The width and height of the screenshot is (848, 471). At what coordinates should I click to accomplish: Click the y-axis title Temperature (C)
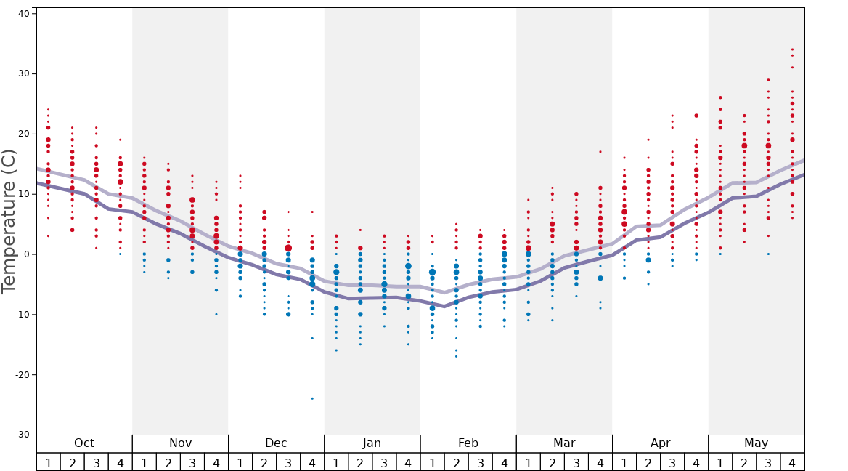coord(9,221)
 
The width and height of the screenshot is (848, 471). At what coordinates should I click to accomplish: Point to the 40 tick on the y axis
coord(23,13)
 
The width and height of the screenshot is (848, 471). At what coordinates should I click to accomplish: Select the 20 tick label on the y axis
coord(23,134)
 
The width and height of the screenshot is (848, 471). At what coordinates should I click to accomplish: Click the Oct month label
coord(84,443)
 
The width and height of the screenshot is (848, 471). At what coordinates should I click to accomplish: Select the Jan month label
coord(372,443)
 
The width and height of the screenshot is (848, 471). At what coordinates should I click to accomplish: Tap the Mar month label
coord(564,443)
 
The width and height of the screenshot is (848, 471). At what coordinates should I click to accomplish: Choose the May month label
coord(756,443)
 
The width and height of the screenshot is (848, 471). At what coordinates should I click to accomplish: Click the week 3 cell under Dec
coord(288,462)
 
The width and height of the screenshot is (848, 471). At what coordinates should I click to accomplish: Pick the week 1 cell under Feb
coord(432,462)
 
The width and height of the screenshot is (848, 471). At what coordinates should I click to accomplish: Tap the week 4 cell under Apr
coord(696,462)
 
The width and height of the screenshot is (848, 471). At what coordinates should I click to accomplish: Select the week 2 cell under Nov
coord(168,462)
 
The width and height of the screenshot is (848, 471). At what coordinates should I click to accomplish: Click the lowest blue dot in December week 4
coord(312,398)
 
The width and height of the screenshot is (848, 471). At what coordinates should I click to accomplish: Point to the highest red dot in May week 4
coord(792,49)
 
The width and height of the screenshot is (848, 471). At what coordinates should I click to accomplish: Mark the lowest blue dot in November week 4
coord(216,314)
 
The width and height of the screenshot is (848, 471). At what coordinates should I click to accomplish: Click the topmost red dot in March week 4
coord(600,152)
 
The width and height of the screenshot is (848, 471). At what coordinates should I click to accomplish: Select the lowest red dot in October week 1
coord(49,235)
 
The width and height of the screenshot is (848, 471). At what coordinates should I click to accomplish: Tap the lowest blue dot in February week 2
coord(456,356)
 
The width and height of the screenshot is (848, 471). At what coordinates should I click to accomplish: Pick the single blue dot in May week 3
coord(768,254)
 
